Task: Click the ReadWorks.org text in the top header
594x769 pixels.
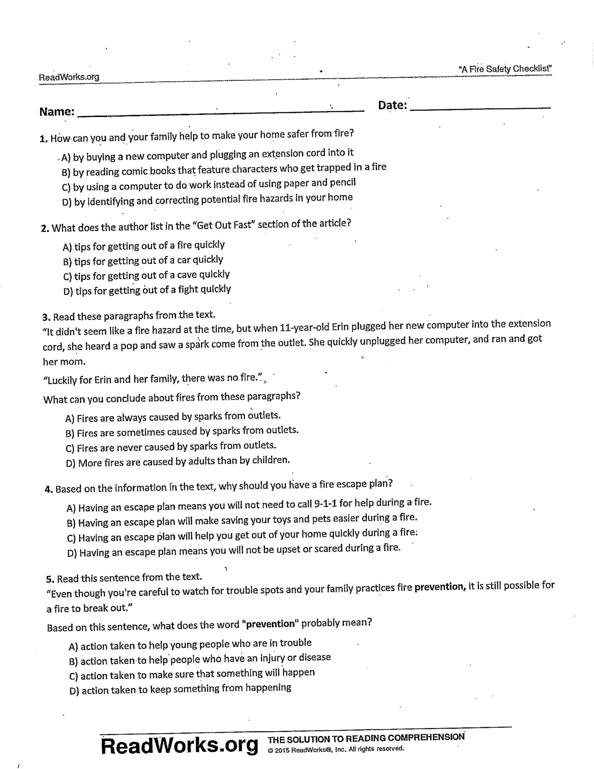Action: (69, 77)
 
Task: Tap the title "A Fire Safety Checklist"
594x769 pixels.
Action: (505, 69)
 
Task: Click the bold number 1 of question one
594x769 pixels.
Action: (43, 139)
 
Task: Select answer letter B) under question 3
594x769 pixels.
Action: (70, 433)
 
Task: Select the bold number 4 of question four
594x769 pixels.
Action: (48, 490)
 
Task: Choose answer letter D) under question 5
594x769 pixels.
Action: (74, 691)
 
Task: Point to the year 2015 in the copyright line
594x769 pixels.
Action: (282, 750)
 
